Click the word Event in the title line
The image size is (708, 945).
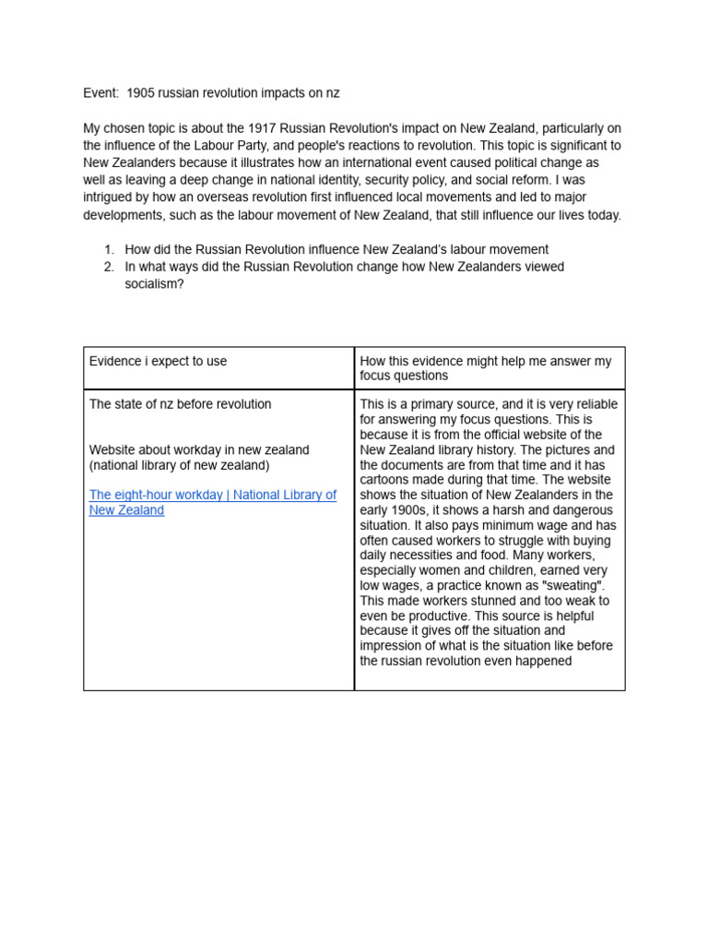[100, 93]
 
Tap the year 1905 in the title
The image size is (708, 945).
[141, 93]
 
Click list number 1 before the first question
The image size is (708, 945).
[109, 249]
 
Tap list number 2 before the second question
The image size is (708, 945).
[109, 267]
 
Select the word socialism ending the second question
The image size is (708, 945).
[154, 284]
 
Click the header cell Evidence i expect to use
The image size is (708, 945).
[158, 361]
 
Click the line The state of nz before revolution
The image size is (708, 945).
[180, 404]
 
